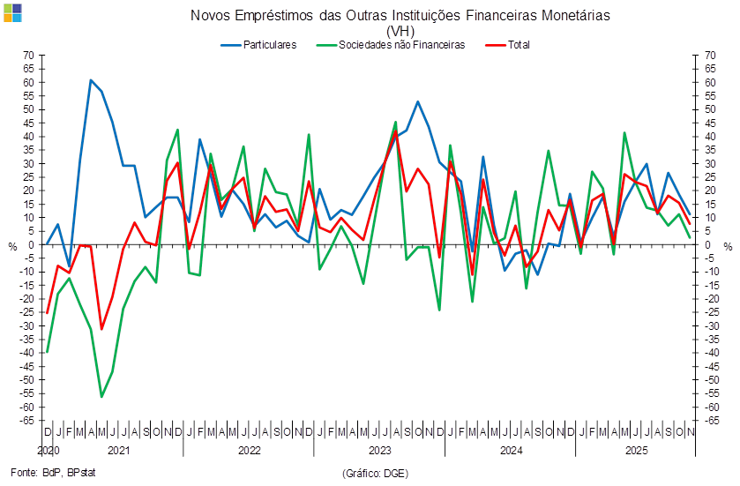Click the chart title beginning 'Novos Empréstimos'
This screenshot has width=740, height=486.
tap(400, 16)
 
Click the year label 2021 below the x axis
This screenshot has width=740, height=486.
tap(118, 451)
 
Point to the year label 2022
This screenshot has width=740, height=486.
tap(249, 451)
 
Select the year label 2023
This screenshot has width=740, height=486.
tap(380, 451)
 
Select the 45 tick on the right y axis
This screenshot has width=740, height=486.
tap(709, 123)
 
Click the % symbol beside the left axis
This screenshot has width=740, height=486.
tap(12, 246)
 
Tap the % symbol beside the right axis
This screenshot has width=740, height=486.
tap(729, 246)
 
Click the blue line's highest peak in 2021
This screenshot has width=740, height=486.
tap(91, 79)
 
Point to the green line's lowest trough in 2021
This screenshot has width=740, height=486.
tap(101, 397)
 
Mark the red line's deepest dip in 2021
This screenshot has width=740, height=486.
tap(101, 330)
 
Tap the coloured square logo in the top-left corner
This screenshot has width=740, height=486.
tap(13, 13)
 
